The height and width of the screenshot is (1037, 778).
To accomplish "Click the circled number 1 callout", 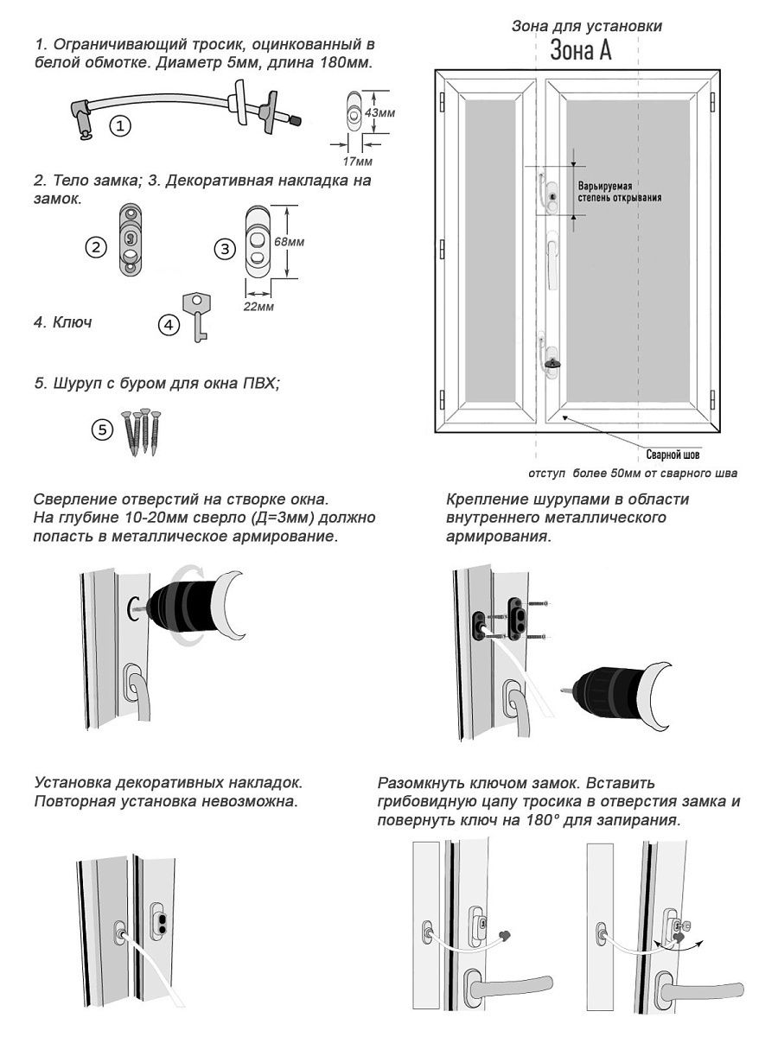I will pyautogui.click(x=121, y=126).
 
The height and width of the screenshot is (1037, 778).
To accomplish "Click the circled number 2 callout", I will pyautogui.click(x=97, y=246).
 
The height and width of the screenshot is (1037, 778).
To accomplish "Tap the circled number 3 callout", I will pyautogui.click(x=225, y=249).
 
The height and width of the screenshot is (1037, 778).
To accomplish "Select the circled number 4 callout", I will pyautogui.click(x=169, y=325).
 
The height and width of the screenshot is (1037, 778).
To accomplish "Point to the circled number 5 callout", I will pyautogui.click(x=103, y=429).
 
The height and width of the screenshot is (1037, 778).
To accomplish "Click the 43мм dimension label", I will pyautogui.click(x=380, y=113).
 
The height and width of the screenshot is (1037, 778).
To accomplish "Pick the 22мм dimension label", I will pyautogui.click(x=257, y=307).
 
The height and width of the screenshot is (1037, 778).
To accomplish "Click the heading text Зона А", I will pyautogui.click(x=581, y=51).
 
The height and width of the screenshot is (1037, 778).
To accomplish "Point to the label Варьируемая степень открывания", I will pyautogui.click(x=620, y=191).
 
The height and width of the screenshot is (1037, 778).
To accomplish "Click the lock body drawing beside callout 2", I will pyautogui.click(x=129, y=239).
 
